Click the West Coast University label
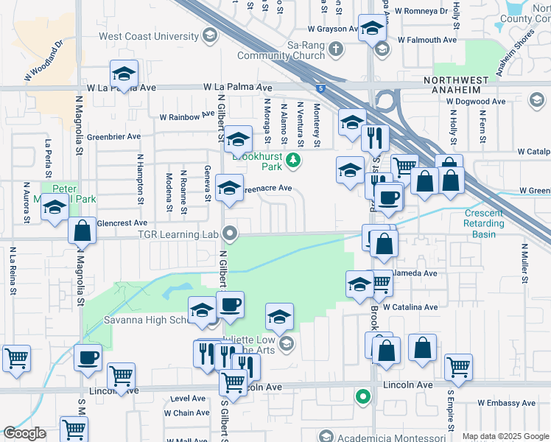coord(150,36)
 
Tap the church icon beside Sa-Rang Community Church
coord(336,50)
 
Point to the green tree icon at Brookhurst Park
coord(293,159)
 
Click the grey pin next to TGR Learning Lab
coord(231,234)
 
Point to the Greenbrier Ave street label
coord(113,136)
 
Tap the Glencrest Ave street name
coord(122,222)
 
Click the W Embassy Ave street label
coord(507,403)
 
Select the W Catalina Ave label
coord(410,306)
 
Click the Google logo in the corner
coord(24,433)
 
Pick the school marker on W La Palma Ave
coord(124,74)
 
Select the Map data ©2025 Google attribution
coord(505,436)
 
